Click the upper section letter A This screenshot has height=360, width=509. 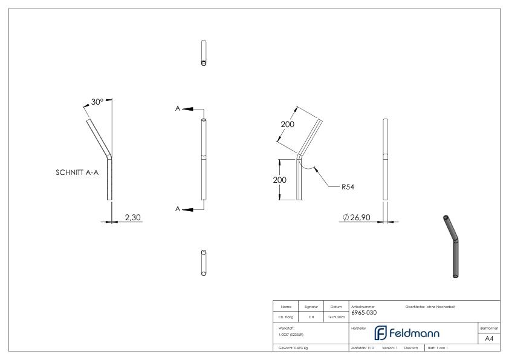point(178,108)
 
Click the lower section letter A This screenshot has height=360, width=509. point(178,209)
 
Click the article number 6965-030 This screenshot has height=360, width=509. point(364,313)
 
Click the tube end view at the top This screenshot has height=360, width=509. point(204,54)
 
